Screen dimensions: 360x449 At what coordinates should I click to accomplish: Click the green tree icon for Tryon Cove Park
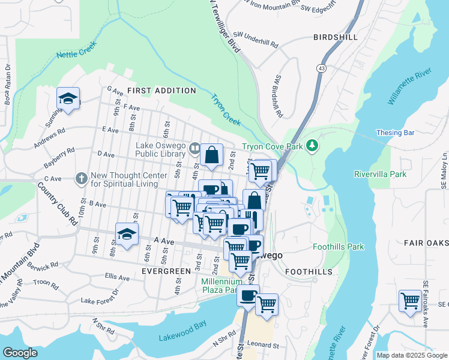tap(312, 145)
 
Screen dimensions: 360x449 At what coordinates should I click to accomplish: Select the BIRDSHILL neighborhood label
tap(336, 37)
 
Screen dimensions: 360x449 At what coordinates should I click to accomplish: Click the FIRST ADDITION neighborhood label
tap(161, 91)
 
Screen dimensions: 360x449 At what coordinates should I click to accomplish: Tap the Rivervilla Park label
tap(381, 175)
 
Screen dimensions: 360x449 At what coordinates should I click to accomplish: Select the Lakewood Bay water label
tap(182, 338)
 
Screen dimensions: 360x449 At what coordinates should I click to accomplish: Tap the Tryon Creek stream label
tap(225, 109)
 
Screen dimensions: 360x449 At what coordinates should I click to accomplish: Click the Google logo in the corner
tap(20, 353)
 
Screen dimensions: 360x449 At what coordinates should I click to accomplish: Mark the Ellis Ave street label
tap(116, 277)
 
